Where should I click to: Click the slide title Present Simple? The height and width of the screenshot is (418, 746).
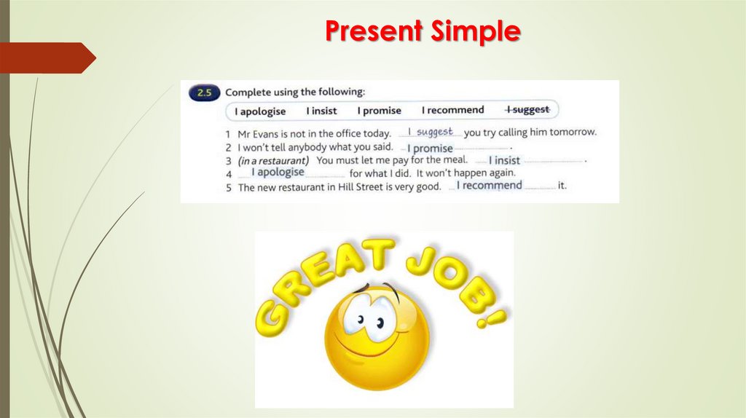tap(422, 31)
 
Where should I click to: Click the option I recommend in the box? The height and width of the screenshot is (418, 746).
tap(452, 110)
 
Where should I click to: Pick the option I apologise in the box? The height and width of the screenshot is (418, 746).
tap(260, 111)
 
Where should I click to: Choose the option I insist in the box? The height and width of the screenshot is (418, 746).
tap(321, 111)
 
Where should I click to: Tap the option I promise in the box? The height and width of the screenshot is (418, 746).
tap(379, 111)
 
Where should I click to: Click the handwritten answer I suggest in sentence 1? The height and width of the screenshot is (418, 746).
tap(430, 132)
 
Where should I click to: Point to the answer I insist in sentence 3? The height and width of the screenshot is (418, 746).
tap(504, 160)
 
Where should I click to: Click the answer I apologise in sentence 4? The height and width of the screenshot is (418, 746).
tap(278, 173)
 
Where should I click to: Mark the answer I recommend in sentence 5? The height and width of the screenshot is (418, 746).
tap(489, 186)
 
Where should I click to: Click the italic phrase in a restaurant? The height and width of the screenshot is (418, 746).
tap(273, 160)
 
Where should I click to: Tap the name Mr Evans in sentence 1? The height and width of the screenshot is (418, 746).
tap(259, 133)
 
